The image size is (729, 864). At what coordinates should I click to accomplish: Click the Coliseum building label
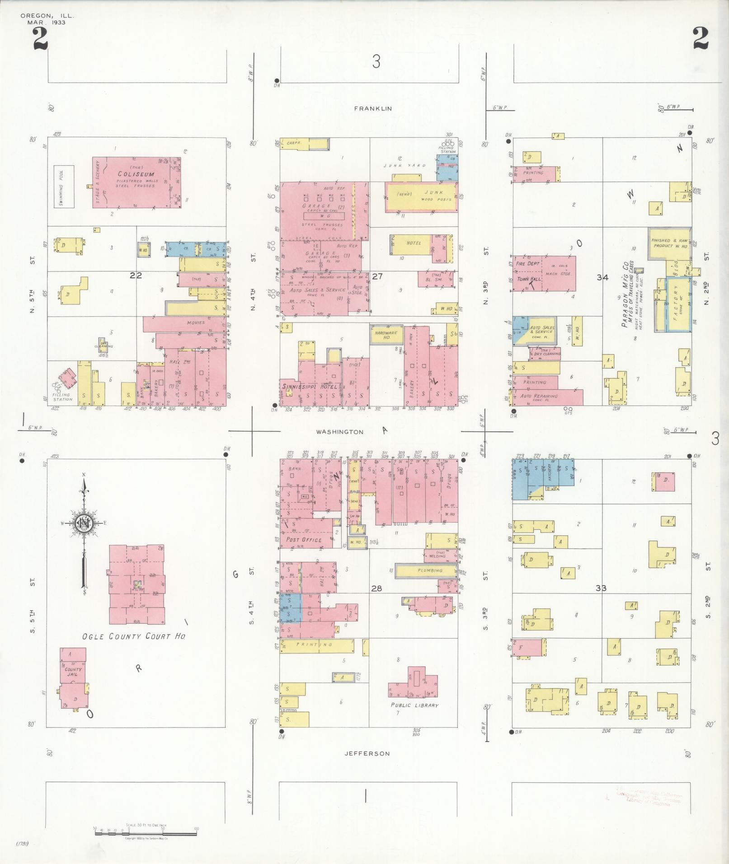136,174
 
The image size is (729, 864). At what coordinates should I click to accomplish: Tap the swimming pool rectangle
64,187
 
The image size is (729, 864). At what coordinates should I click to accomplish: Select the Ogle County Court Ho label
133,636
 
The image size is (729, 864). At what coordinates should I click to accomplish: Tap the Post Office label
304,539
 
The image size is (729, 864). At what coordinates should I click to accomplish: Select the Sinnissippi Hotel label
310,387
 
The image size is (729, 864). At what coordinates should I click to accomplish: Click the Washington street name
339,432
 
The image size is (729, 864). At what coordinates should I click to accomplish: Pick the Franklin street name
373,108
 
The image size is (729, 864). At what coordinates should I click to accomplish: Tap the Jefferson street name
367,753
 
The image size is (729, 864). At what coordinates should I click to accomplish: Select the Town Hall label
528,279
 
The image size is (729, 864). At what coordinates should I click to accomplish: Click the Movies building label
195,322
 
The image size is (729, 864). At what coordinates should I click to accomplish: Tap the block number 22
136,276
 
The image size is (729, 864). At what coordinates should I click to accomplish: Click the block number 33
601,588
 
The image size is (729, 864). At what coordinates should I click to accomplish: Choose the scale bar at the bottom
146,833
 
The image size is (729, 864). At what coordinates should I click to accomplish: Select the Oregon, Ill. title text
47,16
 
